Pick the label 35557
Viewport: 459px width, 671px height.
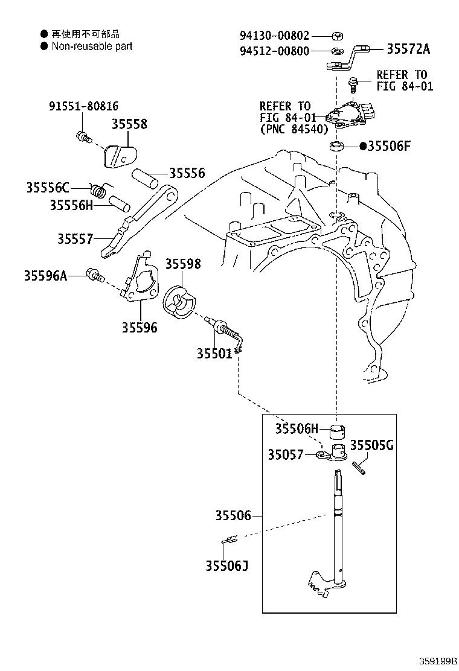pos(75,239)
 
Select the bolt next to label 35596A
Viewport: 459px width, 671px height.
pos(95,276)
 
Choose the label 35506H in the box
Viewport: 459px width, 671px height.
pos(296,429)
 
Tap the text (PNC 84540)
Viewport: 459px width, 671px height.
pos(294,129)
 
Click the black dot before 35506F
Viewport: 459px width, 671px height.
pos(363,146)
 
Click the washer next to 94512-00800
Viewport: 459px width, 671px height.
pos(336,49)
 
